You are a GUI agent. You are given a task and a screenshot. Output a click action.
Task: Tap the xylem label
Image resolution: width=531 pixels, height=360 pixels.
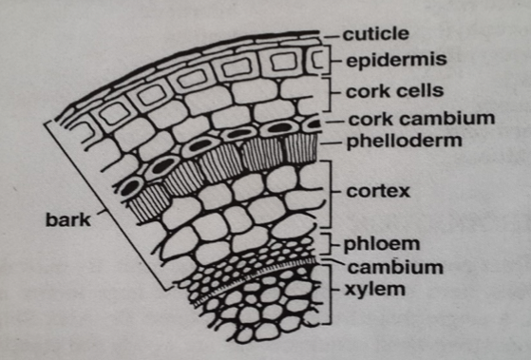(371, 287)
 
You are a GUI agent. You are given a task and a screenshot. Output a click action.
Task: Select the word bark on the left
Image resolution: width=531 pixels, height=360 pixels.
(66, 221)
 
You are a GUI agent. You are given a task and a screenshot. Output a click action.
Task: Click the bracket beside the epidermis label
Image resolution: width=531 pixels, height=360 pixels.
(333, 61)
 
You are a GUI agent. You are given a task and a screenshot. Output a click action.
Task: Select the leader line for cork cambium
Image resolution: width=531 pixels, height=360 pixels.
(329, 122)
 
